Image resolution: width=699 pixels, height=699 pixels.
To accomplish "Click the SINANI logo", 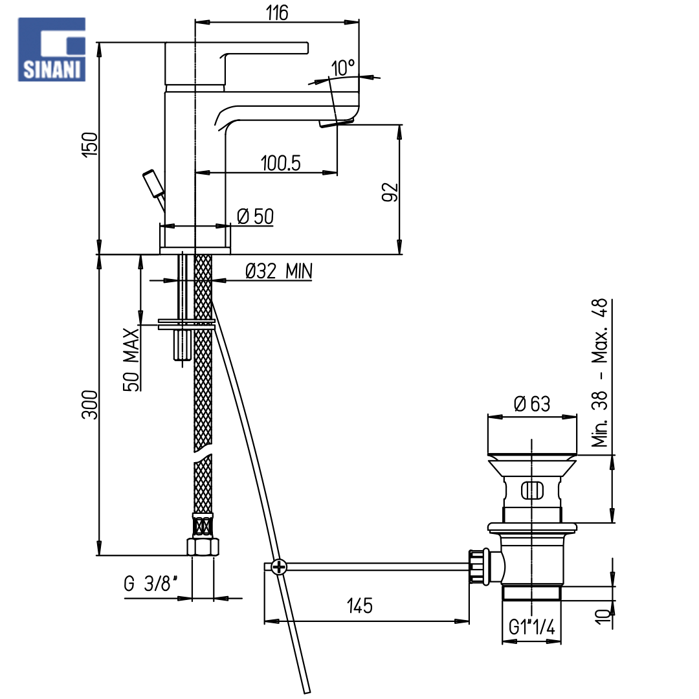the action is point(51,49).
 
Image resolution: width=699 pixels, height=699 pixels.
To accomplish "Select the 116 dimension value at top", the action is point(277,12).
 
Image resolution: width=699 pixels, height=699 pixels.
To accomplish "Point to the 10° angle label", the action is point(343,68).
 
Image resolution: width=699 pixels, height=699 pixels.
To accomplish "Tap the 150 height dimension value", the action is point(89,144).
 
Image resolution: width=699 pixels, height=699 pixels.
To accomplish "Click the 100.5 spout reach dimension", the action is point(280,163).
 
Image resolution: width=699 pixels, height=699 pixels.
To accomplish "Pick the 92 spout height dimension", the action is point(390,192).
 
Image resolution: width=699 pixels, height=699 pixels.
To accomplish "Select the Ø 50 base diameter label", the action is point(256,217).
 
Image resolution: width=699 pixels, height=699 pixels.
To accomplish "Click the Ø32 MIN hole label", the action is point(279,271).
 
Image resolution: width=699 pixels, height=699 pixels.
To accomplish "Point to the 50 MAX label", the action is point(131,360).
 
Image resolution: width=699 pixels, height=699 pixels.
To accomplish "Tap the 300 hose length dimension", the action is point(89,405).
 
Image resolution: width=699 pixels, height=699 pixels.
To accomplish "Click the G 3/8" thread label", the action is point(151,584).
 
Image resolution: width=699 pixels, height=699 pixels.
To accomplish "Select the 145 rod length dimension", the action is point(359,606).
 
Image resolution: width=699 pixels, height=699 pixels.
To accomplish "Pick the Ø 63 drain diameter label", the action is point(532,404).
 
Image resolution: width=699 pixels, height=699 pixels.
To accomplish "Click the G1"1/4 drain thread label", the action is point(532,627).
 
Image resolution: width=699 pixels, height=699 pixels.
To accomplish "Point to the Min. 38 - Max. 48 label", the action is point(599,373).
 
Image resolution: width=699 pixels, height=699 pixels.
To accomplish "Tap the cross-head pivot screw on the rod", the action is point(279,568).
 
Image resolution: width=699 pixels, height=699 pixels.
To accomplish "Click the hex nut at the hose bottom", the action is point(203,547).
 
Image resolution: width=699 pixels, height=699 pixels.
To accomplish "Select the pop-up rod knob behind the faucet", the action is point(153,183).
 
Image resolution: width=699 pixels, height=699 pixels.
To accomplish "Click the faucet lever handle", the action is point(236,63).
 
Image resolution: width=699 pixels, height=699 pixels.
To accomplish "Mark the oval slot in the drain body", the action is point(532,491).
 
